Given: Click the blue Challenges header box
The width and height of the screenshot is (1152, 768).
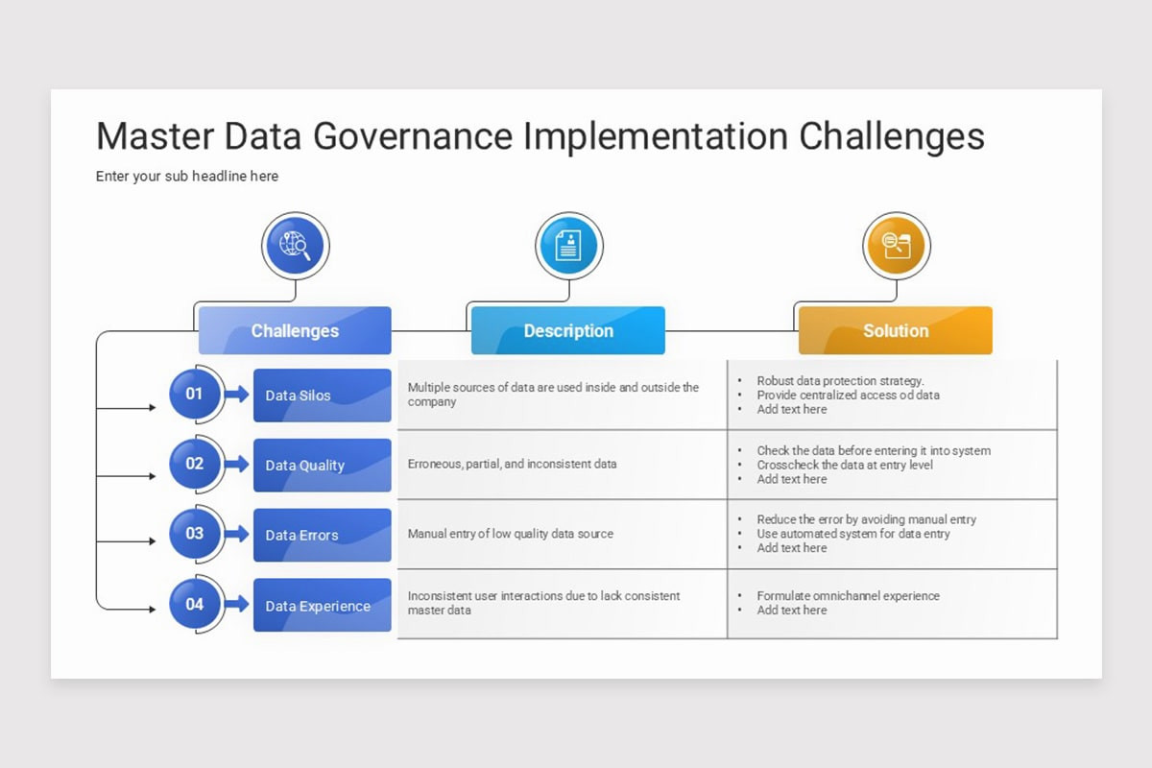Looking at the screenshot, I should (295, 331).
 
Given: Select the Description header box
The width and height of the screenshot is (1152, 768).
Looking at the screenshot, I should (568, 331).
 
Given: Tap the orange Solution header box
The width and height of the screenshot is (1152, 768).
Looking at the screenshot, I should (895, 331).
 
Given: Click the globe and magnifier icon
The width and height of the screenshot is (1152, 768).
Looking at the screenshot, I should (295, 246).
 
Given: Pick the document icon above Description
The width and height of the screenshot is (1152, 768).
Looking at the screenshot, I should (568, 246).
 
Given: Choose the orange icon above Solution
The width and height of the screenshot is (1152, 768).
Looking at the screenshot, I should (896, 246).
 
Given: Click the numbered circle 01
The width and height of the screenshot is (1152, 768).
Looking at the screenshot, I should (195, 394).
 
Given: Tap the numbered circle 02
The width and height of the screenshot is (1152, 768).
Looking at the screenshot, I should (195, 464).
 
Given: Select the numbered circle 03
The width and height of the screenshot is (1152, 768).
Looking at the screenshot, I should (195, 534).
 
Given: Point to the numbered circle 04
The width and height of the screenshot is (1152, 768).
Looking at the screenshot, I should (195, 605).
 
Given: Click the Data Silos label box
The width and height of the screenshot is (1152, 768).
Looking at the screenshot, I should (322, 396).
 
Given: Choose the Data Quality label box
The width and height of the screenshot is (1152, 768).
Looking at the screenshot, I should (322, 466).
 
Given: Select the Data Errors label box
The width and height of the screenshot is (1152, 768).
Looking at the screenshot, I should (322, 536).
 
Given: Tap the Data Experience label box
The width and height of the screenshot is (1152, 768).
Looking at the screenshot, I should (322, 606).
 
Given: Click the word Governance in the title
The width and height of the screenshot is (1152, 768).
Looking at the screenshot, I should (414, 136).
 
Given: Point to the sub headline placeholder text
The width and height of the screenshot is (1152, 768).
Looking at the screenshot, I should (187, 177).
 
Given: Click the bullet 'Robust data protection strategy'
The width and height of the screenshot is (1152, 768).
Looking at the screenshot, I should (840, 381).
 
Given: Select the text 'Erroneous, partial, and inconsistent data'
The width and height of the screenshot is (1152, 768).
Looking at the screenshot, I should (512, 465).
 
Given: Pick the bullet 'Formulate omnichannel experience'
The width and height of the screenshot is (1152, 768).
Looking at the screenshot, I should (848, 596).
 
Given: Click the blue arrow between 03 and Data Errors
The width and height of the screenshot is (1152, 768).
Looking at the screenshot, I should (236, 534).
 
